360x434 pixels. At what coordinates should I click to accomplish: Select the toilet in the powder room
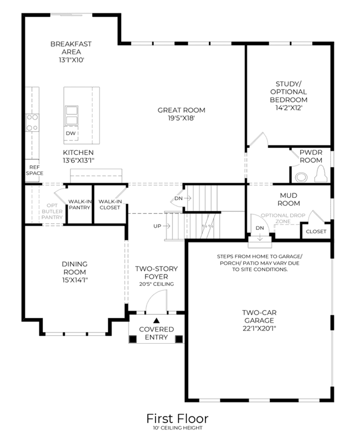click(x=321, y=174)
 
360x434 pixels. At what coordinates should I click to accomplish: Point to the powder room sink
click(x=301, y=177)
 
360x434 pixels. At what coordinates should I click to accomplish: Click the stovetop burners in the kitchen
click(x=32, y=123)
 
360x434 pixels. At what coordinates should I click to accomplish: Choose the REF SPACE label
click(x=34, y=170)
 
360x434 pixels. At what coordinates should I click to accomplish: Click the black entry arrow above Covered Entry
click(x=157, y=321)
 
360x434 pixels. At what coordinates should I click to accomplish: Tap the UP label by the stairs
click(x=157, y=226)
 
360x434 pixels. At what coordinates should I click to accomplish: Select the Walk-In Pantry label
click(x=79, y=205)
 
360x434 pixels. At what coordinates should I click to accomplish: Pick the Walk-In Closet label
click(x=110, y=205)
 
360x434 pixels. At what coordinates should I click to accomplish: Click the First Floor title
click(x=177, y=418)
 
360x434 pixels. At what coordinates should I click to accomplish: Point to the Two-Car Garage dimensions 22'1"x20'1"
click(x=259, y=329)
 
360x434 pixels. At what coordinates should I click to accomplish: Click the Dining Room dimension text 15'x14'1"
click(x=75, y=280)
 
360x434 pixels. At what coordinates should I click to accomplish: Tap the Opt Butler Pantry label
click(x=52, y=211)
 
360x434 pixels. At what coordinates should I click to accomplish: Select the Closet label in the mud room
click(x=316, y=232)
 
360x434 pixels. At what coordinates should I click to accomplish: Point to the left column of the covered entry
click(x=133, y=339)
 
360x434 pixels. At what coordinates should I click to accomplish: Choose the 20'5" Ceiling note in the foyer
click(x=157, y=284)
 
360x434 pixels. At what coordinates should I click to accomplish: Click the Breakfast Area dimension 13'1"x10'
click(x=72, y=60)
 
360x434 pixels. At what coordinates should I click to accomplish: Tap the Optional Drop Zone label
click(x=283, y=218)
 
